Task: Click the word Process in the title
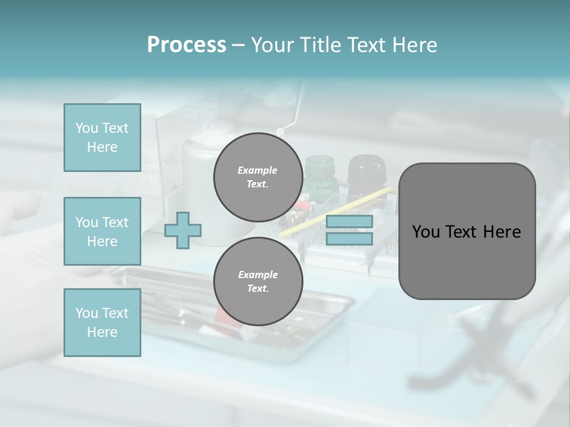point(186,45)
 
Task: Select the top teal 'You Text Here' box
point(102,138)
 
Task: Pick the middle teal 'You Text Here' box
point(102,231)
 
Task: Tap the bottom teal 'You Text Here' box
point(102,323)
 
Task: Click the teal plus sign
point(183,230)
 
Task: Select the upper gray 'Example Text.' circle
point(258,177)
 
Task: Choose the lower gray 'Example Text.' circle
point(258,282)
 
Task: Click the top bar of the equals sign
point(349,222)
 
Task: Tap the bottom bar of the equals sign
point(349,239)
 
